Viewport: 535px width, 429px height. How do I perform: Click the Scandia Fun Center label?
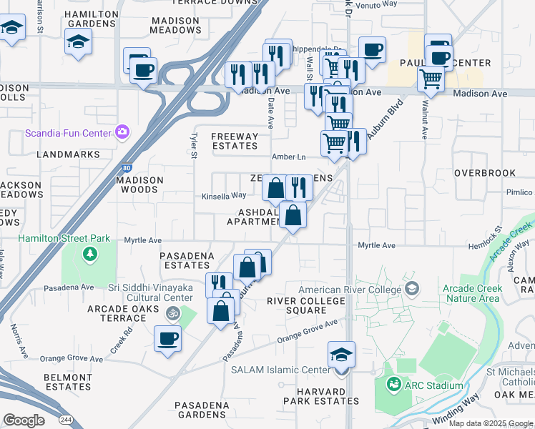[68, 132]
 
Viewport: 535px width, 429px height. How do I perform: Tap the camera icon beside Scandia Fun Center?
[122, 132]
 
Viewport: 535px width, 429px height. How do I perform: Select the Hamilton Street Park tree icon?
[90, 253]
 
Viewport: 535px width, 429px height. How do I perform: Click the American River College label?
[350, 290]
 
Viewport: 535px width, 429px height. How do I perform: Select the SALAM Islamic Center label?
[285, 370]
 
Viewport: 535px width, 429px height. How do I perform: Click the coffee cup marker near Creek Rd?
[169, 340]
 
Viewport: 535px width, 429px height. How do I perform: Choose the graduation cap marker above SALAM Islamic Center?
[342, 355]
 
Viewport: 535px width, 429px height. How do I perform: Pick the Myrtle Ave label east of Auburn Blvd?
[376, 245]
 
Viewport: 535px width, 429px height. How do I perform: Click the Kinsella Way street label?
[223, 195]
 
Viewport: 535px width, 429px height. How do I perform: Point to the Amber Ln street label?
[288, 157]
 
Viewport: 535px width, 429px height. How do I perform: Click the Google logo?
[24, 421]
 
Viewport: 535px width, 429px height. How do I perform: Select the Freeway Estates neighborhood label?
[235, 141]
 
